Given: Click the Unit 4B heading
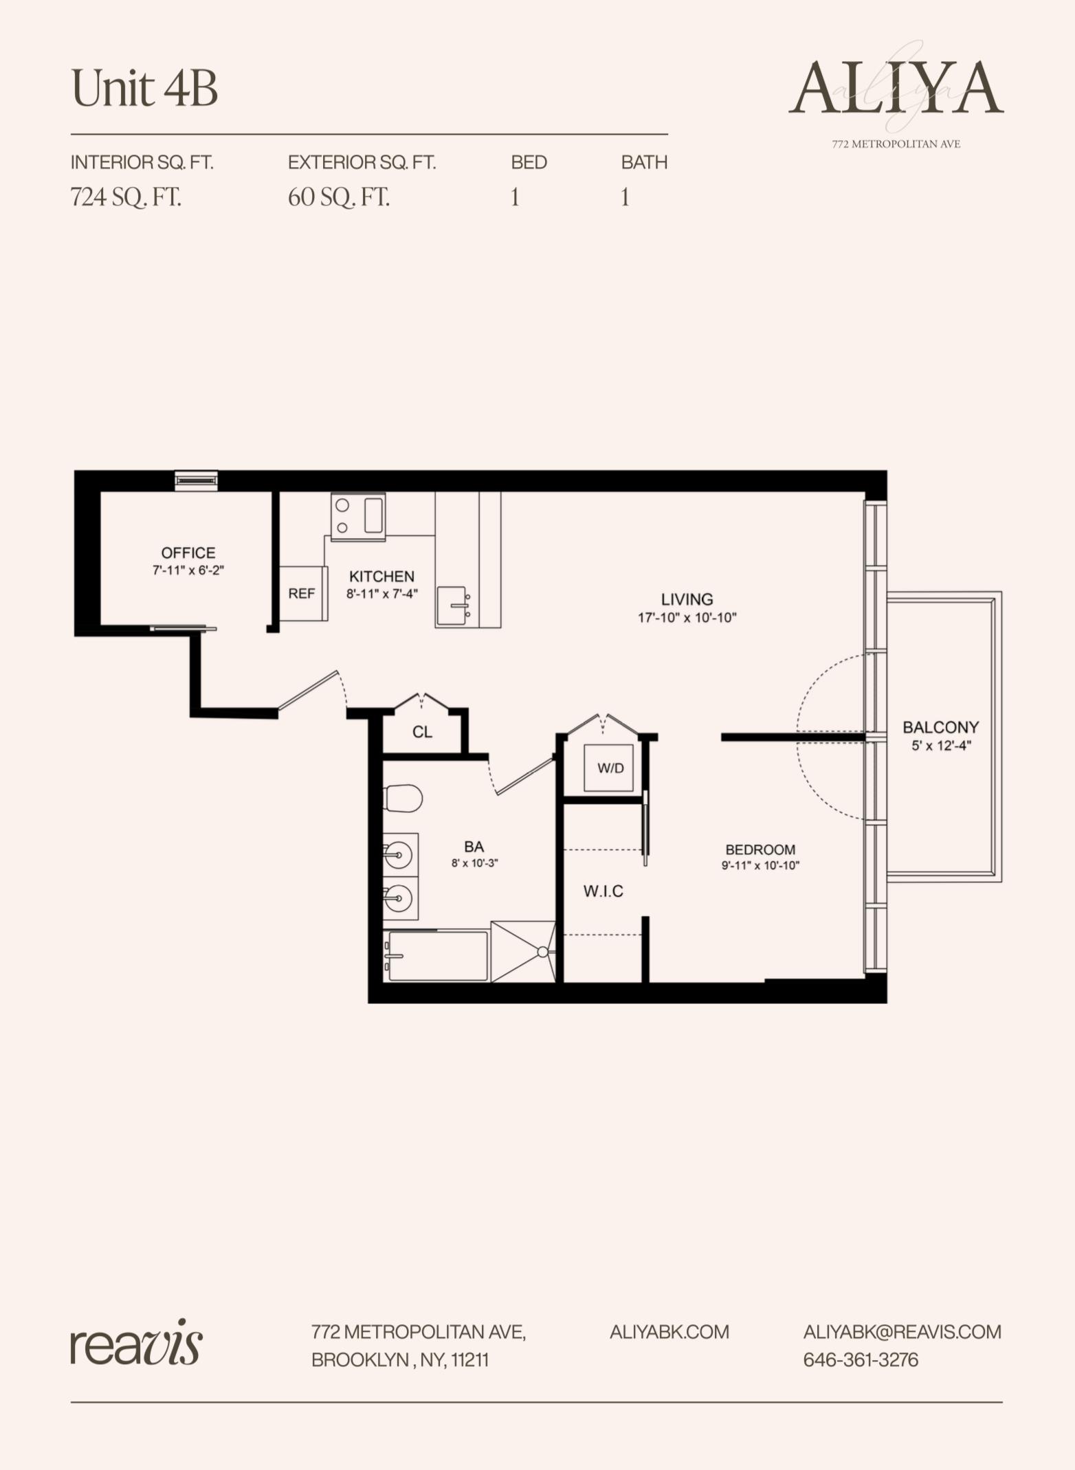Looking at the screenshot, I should tap(144, 89).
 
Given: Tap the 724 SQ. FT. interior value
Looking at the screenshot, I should tap(126, 198).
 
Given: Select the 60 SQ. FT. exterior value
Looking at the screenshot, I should tap(339, 198).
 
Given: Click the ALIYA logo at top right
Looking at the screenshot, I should tap(896, 89).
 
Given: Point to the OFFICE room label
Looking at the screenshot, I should tap(188, 553).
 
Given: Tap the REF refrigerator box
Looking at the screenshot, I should tap(302, 594).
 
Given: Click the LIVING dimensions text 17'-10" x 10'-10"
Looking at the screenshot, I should tap(687, 618).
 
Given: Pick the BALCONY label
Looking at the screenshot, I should tap(940, 727).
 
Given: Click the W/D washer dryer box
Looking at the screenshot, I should tap(610, 768).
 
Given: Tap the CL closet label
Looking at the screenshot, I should tap(422, 733).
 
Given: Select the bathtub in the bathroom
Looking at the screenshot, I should tap(437, 955).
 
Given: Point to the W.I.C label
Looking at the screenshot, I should tap(603, 891).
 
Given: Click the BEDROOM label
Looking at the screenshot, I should tap(760, 849).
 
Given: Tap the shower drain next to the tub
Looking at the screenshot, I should tap(542, 952).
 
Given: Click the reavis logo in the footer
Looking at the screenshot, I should tap(136, 1344).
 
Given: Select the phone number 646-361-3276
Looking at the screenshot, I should tap(861, 1360).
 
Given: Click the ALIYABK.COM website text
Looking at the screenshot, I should tap(669, 1332).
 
